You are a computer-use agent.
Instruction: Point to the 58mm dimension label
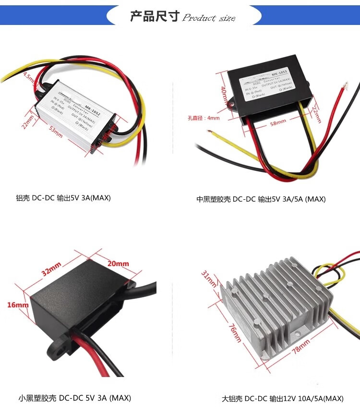(278, 123)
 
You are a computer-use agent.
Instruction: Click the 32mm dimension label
(51, 269)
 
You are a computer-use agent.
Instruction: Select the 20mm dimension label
(118, 263)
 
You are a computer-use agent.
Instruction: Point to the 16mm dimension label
(18, 304)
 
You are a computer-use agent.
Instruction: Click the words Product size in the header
(209, 18)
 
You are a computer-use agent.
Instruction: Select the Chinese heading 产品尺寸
(155, 17)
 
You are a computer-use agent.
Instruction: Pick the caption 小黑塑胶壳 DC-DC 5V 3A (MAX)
(74, 398)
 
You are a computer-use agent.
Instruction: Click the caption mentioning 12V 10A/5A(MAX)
(282, 399)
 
